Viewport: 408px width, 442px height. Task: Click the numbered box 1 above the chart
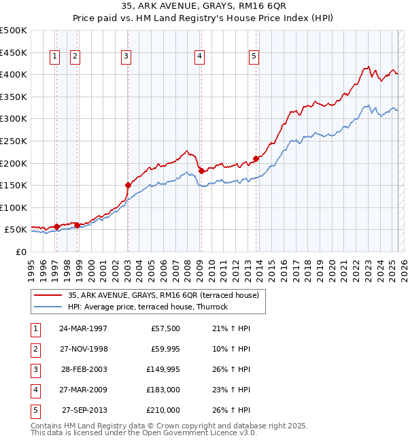click(54, 57)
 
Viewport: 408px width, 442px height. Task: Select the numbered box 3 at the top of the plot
click(126, 57)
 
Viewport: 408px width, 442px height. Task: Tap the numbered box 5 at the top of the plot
click(254, 57)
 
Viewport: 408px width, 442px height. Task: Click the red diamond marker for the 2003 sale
click(128, 184)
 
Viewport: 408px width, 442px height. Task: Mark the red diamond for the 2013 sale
click(256, 158)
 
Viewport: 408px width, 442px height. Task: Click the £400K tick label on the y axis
click(14, 74)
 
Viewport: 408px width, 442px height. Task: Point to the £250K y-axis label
click(14, 141)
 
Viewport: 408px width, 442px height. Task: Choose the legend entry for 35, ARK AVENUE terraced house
click(163, 296)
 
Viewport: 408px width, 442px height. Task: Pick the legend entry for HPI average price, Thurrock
click(148, 307)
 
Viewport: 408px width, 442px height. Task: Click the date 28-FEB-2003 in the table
click(83, 369)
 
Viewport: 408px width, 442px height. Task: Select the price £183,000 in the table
click(163, 390)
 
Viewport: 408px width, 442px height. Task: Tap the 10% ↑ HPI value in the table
click(231, 349)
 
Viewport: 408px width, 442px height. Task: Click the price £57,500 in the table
click(166, 328)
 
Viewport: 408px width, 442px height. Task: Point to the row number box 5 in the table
click(35, 410)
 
